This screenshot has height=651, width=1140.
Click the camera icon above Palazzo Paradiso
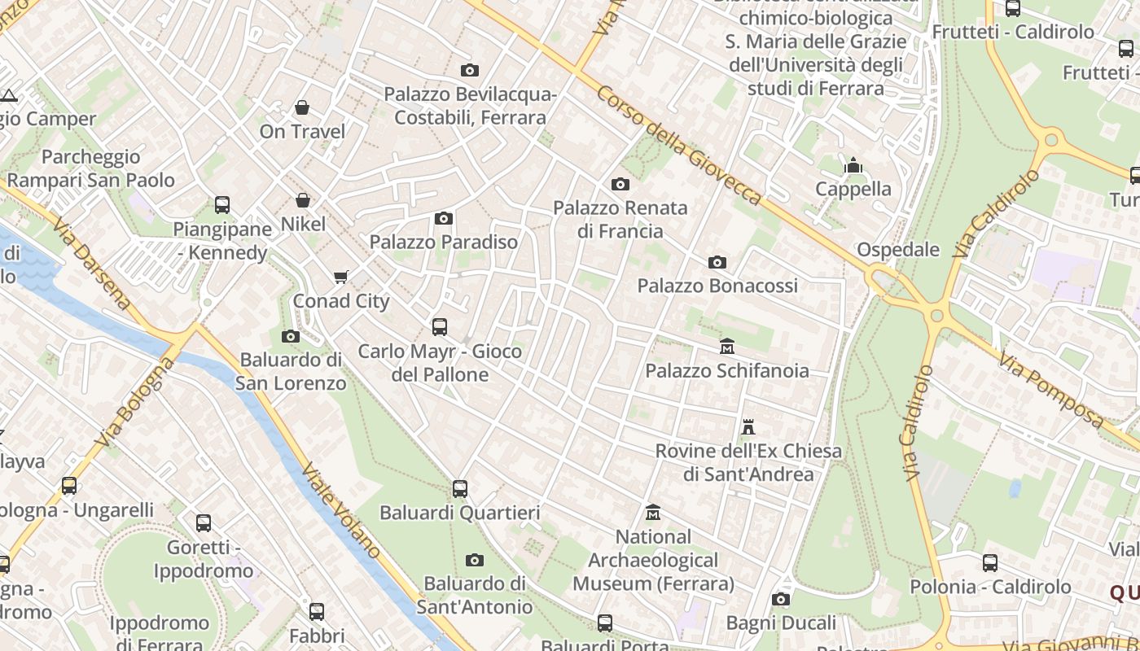(444, 218)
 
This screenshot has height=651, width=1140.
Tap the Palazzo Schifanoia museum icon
(727, 347)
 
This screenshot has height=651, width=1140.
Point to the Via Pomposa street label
(1051, 391)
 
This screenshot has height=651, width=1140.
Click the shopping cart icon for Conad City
(341, 277)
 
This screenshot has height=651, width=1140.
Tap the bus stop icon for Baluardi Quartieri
(460, 489)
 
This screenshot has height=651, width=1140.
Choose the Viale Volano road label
(340, 509)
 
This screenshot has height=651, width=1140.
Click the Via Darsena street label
(91, 263)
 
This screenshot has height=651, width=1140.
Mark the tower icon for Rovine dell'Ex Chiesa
(748, 426)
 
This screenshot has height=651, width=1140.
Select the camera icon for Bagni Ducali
(781, 600)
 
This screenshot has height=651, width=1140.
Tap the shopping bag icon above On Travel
(302, 107)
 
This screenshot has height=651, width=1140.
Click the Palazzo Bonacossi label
(717, 286)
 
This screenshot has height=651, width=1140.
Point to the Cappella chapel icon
(853, 166)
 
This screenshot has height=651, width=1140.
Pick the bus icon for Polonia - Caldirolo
(990, 563)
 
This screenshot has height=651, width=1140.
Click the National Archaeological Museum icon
(653, 513)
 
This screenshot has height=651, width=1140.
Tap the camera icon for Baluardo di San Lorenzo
(291, 336)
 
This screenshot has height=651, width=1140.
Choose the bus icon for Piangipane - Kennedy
(222, 205)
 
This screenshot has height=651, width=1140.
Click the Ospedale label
(898, 250)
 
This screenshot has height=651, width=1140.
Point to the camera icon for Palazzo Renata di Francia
(620, 184)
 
